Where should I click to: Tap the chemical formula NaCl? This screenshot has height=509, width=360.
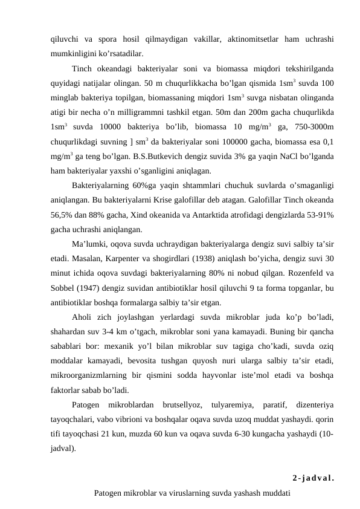pyautogui.click(x=277, y=157)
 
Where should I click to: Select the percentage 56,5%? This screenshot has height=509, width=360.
pyautogui.click(x=64, y=215)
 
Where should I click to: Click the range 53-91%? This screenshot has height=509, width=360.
pyautogui.click(x=320, y=215)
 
